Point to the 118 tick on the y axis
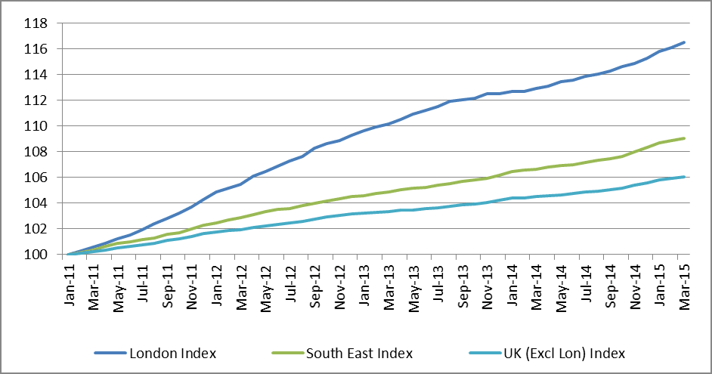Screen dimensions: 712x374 click(36, 23)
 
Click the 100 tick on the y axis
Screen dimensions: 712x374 click(36, 255)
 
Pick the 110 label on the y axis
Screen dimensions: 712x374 click(36, 126)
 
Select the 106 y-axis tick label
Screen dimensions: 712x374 click(36, 178)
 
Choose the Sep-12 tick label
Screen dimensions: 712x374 click(314, 285)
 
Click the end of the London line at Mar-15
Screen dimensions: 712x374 click(684, 42)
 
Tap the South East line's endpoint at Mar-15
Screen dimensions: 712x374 click(684, 138)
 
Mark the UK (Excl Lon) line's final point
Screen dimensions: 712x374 click(684, 177)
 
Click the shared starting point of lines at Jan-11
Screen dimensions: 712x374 click(69, 254)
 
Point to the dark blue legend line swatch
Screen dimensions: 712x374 click(110, 353)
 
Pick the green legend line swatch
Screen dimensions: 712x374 click(287, 353)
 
